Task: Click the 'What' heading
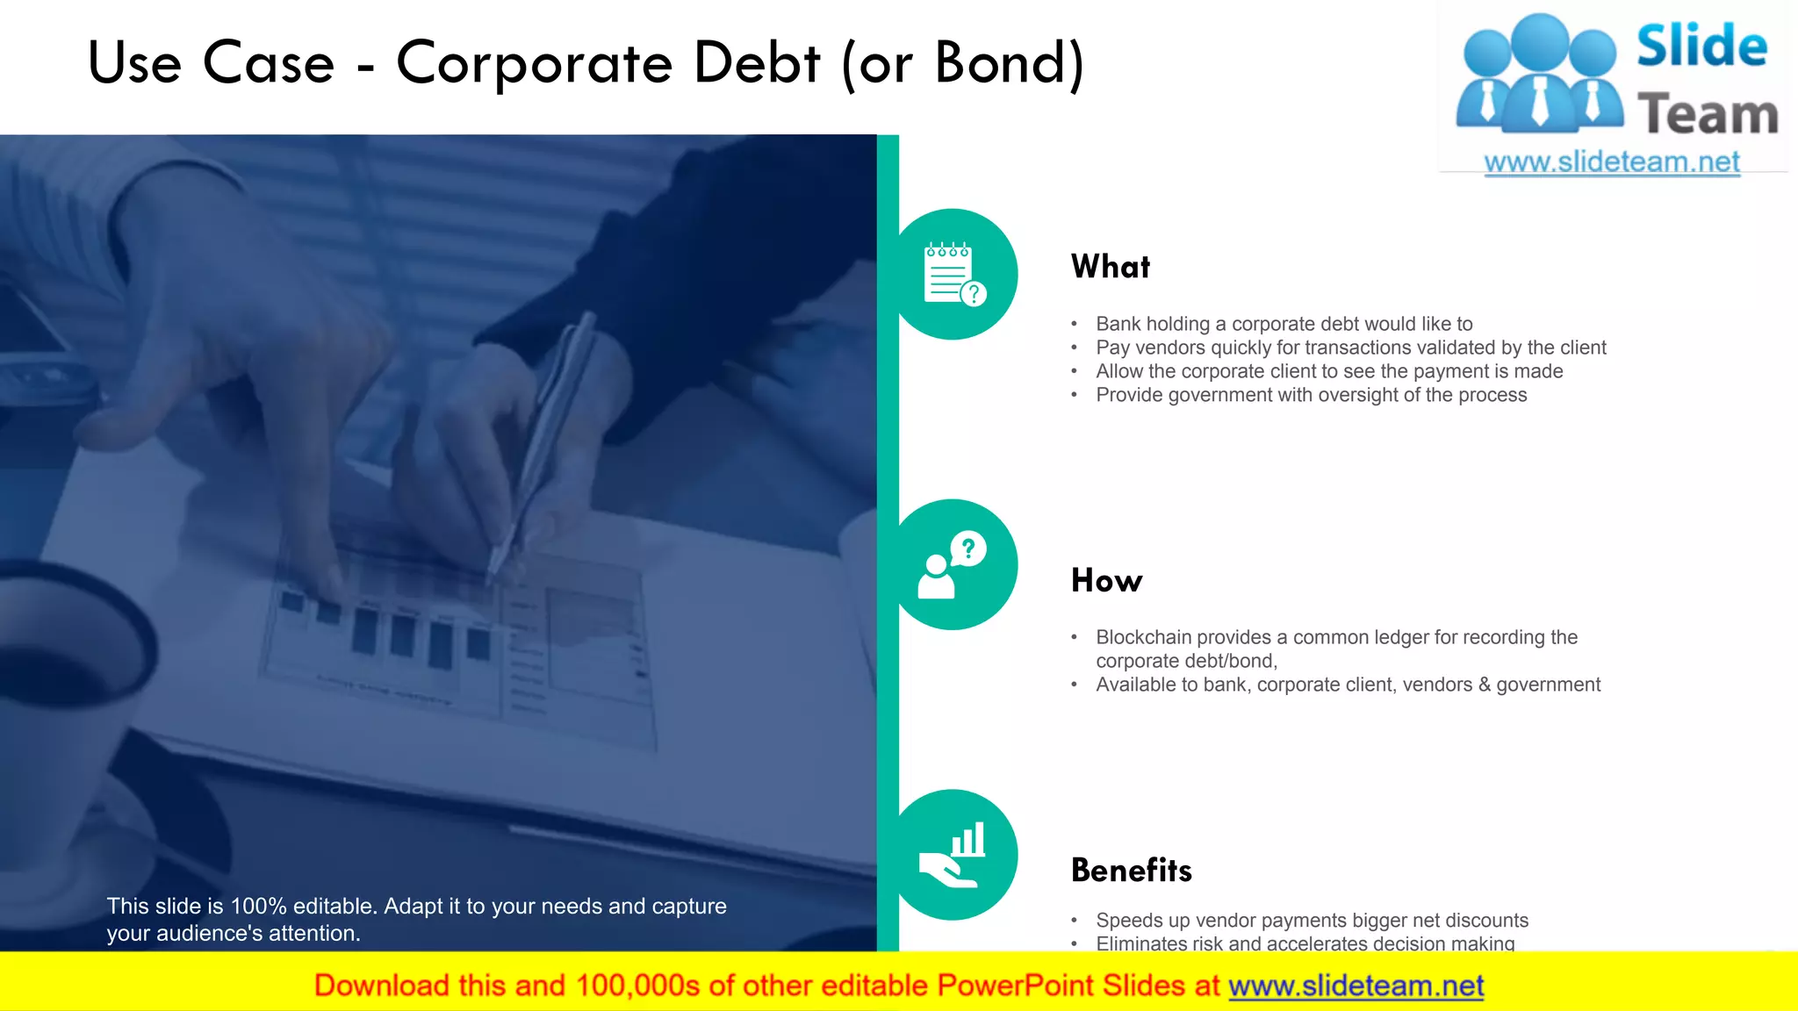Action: click(1110, 267)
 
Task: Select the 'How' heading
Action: click(1106, 581)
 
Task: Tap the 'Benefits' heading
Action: click(1131, 871)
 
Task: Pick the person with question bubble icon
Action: click(953, 565)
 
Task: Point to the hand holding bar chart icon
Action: click(953, 855)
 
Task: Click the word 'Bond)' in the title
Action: click(1010, 63)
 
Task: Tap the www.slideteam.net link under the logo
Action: click(1612, 162)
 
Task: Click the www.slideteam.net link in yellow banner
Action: click(1356, 986)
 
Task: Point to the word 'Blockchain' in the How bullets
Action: click(1140, 637)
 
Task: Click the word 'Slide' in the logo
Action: click(1701, 46)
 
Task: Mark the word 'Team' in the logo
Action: click(1708, 115)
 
